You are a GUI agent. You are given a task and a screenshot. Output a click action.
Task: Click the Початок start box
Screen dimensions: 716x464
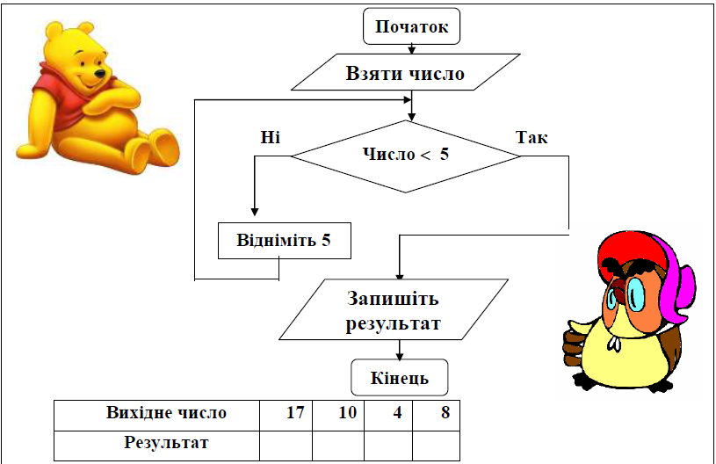coord(411,26)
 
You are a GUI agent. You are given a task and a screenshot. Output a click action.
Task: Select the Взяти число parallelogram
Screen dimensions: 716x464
coord(406,72)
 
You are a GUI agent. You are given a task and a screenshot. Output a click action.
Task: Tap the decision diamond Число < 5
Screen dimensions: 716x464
coord(406,156)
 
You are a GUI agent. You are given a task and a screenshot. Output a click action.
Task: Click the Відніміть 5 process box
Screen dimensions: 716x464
coord(285,241)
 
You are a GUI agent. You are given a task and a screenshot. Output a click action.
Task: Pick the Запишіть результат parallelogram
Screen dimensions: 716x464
coord(394,309)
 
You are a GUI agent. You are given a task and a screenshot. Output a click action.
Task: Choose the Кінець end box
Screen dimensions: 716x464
coord(400,378)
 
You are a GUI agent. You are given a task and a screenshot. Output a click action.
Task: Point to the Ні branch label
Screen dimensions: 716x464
coord(271,137)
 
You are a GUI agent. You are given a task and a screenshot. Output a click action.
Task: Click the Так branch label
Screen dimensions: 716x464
coord(532,137)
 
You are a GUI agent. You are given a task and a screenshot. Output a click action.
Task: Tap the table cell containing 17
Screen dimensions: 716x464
coord(286,416)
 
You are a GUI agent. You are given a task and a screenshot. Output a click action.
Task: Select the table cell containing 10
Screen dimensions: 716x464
coord(338,416)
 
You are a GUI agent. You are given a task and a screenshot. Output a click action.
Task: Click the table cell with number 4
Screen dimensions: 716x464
coord(388,416)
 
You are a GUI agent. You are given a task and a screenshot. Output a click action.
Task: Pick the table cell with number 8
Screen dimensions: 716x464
coord(436,416)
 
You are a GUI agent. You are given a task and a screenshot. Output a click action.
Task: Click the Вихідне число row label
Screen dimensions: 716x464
coord(166,412)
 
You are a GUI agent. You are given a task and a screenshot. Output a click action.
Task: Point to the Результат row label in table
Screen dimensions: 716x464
coord(166,443)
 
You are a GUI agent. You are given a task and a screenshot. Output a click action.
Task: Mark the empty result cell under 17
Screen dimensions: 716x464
coord(286,446)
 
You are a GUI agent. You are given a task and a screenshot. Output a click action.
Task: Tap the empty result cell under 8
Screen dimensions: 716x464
coord(436,446)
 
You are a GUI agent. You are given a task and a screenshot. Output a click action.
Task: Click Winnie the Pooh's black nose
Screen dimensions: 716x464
coord(99,73)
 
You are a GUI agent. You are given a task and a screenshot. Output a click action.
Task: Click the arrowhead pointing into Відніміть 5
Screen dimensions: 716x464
coord(255,212)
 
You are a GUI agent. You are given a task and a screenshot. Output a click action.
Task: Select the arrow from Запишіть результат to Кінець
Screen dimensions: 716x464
coord(400,350)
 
